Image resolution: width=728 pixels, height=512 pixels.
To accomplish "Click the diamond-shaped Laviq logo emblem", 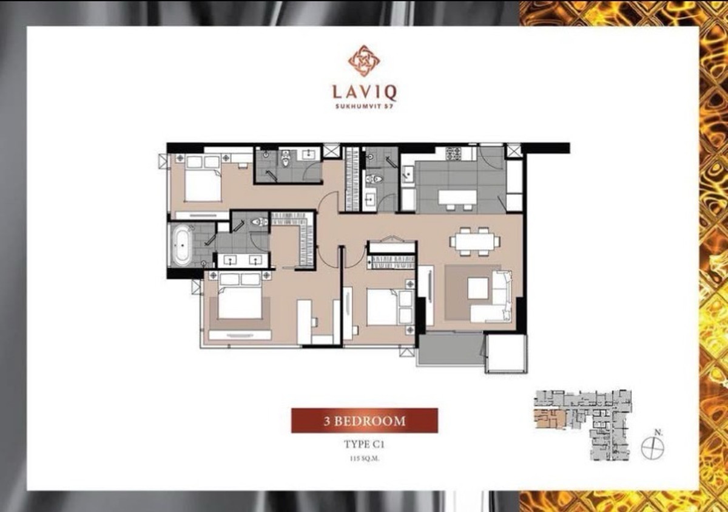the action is pos(364,61).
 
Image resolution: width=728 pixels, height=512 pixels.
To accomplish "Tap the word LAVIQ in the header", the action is pos(365,92).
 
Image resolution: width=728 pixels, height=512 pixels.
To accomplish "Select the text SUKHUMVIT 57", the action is pos(364,106).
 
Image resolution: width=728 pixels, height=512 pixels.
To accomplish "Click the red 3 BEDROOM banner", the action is pos(365,421).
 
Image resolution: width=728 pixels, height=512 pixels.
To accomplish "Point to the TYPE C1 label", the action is pos(364,445).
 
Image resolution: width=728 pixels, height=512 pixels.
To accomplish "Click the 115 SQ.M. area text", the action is pos(365,459).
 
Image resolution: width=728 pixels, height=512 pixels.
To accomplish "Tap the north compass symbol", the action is pos(653,447).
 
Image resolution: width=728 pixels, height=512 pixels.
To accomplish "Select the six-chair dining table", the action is pos(475,241).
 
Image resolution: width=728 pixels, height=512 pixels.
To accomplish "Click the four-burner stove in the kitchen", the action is pos(453,154).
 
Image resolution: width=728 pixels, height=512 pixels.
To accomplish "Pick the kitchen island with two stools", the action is pos(458,200).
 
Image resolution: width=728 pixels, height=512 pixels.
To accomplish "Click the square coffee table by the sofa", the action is pos(478,288).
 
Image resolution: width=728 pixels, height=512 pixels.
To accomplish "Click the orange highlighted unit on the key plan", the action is pos(550,418).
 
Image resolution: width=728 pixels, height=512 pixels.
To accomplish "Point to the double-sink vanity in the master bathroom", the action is pos(243,260).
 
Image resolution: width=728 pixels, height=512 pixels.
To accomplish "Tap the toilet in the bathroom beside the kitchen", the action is pos(374,179).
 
